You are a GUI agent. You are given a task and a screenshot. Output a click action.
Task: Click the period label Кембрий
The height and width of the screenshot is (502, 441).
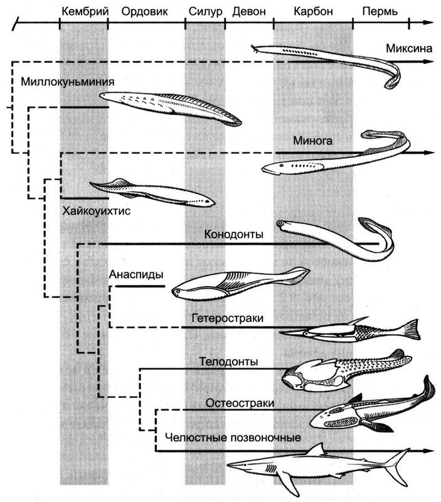point(83,11)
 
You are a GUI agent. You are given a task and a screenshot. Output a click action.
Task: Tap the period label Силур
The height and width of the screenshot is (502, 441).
point(206,11)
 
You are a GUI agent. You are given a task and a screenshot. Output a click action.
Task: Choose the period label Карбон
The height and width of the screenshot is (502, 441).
point(312,11)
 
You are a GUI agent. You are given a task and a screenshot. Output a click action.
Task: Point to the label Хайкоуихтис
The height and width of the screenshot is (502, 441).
point(95,211)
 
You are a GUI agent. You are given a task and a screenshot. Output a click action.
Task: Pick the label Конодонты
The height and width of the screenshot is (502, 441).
point(233,235)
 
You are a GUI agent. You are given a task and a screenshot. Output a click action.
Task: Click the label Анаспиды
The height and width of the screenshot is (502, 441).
point(136,274)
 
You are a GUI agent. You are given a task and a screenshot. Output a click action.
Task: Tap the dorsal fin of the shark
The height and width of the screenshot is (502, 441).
point(317,450)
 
